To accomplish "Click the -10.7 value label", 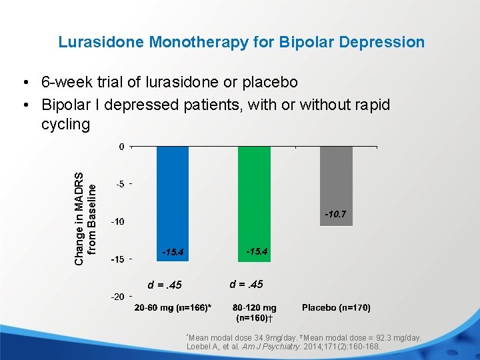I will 335,215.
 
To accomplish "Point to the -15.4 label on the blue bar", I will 173,252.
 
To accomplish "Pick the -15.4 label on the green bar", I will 257,251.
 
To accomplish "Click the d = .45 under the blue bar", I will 165,285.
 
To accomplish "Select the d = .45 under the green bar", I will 247,285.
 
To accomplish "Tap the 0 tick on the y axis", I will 121,147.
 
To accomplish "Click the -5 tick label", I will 119,184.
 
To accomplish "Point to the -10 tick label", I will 117,221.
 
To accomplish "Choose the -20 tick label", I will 117,297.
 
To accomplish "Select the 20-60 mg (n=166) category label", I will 173,308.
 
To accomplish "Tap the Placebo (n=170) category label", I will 336,308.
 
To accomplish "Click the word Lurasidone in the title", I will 101,42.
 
